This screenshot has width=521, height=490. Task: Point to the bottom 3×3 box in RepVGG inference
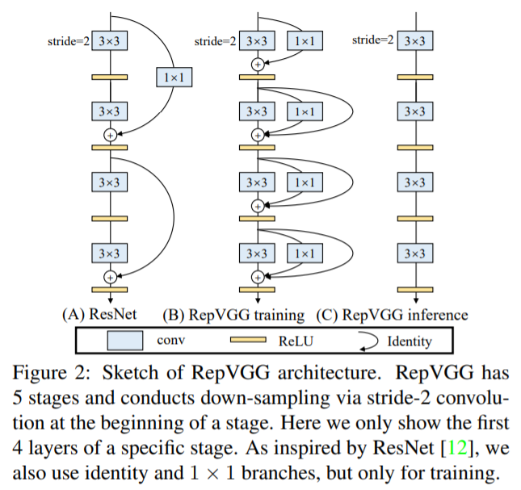tap(413, 253)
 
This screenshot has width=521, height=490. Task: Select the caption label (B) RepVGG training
tap(234, 314)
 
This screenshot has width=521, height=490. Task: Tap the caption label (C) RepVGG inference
tap(393, 314)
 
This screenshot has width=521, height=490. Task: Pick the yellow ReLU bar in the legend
tap(253, 341)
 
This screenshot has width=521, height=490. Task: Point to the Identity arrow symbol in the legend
tap(368, 341)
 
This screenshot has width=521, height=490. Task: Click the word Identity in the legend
tap(410, 341)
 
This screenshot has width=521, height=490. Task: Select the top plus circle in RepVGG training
tap(258, 64)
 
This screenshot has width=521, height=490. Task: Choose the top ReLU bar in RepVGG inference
tap(413, 77)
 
